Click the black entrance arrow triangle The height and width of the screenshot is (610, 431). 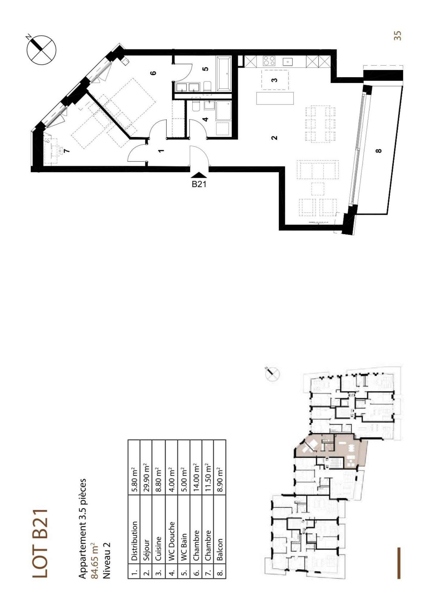(x=199, y=176)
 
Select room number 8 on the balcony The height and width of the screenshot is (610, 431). (x=379, y=151)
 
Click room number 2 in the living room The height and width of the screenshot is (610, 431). (x=274, y=138)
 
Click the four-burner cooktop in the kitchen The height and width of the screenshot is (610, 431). (x=269, y=61)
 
